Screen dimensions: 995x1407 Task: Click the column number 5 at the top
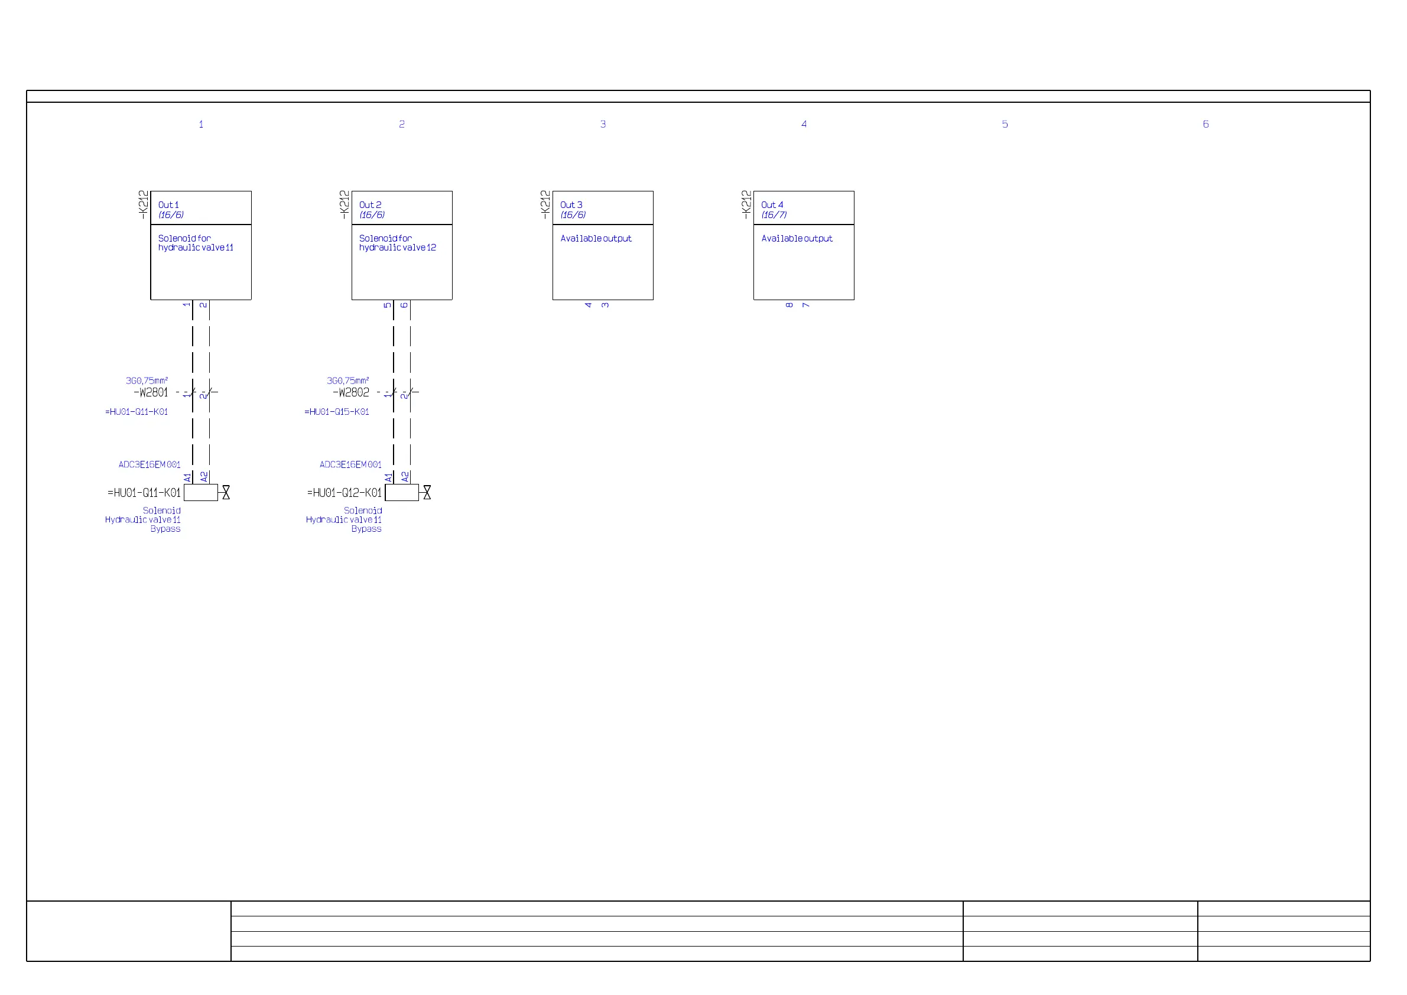(x=1005, y=124)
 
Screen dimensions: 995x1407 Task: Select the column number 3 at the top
(x=603, y=124)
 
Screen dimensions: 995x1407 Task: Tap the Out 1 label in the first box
(x=168, y=205)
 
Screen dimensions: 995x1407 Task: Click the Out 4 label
(x=772, y=205)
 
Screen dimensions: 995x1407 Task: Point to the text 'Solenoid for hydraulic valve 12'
(x=397, y=243)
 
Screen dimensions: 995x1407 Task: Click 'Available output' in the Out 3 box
(x=596, y=239)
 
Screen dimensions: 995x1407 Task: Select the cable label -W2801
(x=151, y=393)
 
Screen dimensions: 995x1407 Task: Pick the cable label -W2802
(x=351, y=393)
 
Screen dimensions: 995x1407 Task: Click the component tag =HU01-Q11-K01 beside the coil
(x=144, y=493)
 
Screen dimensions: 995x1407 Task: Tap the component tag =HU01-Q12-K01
(x=345, y=493)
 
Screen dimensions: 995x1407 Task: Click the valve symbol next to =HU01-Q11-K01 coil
(x=226, y=493)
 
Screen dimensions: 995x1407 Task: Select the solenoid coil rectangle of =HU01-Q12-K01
(x=402, y=493)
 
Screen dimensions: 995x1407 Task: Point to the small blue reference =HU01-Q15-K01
(x=337, y=412)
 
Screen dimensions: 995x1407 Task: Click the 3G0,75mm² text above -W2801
(x=147, y=381)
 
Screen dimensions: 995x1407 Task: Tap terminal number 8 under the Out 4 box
(x=789, y=305)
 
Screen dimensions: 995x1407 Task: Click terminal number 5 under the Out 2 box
(x=387, y=305)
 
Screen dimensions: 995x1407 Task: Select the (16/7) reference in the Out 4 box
(x=774, y=215)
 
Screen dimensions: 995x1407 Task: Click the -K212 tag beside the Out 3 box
(x=545, y=204)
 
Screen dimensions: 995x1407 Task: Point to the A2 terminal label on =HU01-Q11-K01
(x=204, y=477)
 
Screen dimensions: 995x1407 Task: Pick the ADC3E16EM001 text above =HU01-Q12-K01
(x=350, y=465)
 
